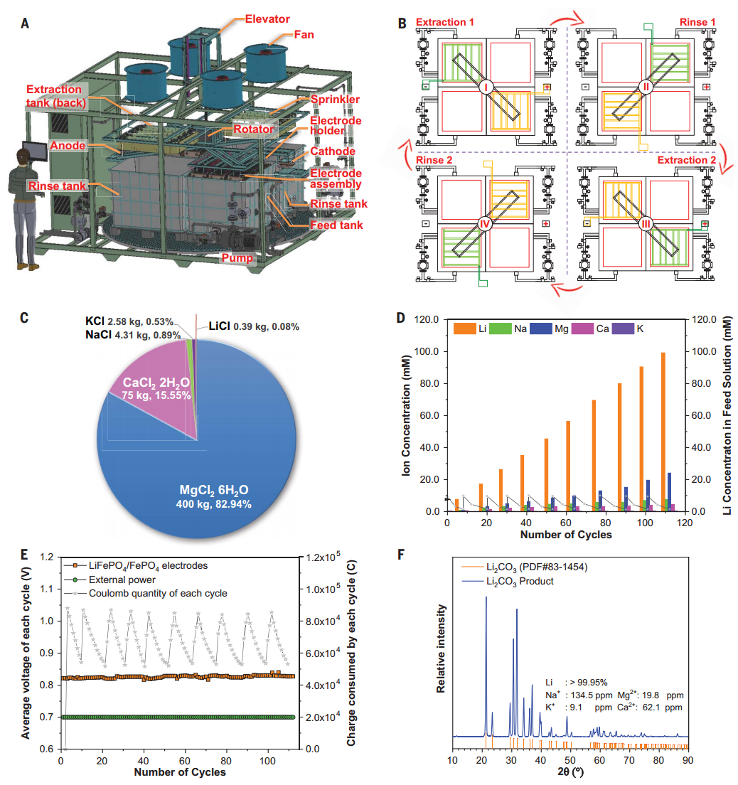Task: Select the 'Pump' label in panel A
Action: (239, 258)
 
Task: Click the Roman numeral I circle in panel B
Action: (486, 87)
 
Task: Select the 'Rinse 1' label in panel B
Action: (698, 22)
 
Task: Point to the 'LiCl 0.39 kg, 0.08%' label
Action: (252, 326)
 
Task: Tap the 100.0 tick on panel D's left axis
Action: (430, 352)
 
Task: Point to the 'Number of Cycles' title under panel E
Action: (180, 772)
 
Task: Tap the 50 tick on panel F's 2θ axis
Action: (569, 761)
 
